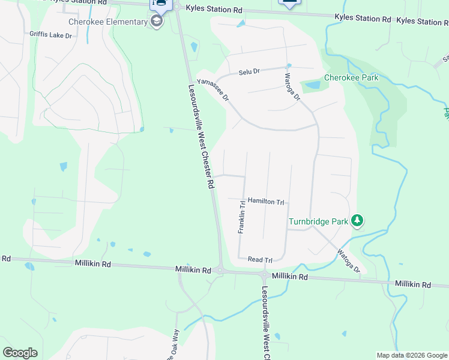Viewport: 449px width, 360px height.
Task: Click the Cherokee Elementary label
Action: click(x=108, y=22)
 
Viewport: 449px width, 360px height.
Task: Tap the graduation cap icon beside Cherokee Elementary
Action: click(x=157, y=22)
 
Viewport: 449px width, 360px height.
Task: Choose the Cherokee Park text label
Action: click(x=351, y=78)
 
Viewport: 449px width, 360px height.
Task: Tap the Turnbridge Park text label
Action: click(x=318, y=221)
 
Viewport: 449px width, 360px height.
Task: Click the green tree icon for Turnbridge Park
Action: click(x=358, y=221)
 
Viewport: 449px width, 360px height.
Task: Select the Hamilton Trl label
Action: click(x=265, y=202)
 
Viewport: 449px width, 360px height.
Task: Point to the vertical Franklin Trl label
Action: click(x=241, y=217)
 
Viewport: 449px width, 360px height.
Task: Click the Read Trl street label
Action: click(x=260, y=260)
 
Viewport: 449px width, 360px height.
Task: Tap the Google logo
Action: click(x=20, y=353)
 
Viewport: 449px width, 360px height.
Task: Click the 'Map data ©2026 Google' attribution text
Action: click(x=412, y=355)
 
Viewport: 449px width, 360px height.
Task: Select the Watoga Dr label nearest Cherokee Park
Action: click(x=292, y=87)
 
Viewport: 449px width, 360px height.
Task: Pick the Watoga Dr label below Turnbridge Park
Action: click(x=348, y=261)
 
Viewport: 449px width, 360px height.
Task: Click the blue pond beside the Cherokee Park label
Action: click(x=312, y=85)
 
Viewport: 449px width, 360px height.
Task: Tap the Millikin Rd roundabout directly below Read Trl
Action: click(x=264, y=275)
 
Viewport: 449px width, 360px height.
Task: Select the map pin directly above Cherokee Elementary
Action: click(x=160, y=4)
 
